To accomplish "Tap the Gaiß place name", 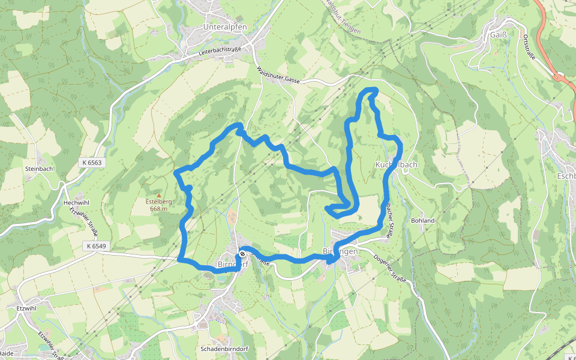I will pos(499,35).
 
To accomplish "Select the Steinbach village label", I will pos(39,169).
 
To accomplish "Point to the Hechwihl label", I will pos(76,203).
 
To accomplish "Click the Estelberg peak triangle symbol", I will pos(159,195).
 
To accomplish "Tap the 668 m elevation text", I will pos(158,209).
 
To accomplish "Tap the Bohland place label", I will pos(422,221).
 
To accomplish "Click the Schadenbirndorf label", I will pos(224,349).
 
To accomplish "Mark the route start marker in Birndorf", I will pos(242,254).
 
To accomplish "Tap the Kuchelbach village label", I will pos(396,164).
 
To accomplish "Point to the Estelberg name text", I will pos(158,202).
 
